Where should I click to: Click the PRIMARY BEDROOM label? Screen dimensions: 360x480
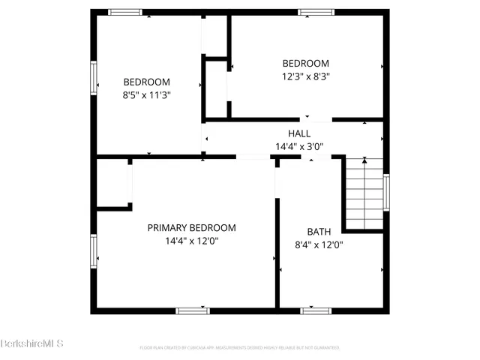[191, 228]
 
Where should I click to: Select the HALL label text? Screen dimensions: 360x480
[298, 133]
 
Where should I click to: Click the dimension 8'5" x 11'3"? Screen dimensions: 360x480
[147, 95]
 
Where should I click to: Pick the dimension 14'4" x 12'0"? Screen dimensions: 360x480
[191, 241]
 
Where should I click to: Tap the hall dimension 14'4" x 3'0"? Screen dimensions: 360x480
[298, 146]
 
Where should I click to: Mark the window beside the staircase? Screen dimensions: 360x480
[386, 192]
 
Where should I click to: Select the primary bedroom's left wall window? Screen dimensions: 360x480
[94, 250]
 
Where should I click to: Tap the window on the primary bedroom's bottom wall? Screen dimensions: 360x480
[193, 310]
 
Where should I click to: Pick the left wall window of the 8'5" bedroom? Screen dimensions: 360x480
[94, 77]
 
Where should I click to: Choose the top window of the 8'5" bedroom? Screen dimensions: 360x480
[124, 12]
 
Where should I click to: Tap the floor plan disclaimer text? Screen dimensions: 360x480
[240, 348]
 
